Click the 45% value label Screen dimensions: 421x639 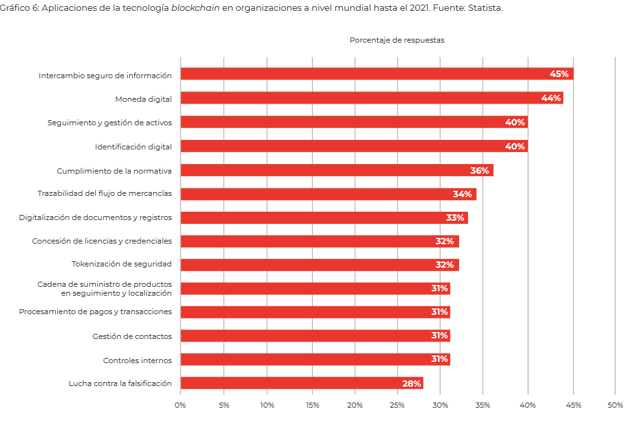[x=559, y=74]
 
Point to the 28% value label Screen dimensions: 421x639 [x=411, y=383]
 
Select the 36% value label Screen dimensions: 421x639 [x=479, y=170]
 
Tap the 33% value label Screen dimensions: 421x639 [x=455, y=217]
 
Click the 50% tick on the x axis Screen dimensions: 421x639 [x=615, y=405]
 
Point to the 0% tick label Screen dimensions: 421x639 [x=181, y=405]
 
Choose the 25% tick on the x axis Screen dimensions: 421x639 [x=397, y=405]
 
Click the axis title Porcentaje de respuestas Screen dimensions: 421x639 [x=397, y=40]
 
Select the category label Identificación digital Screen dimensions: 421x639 [x=134, y=147]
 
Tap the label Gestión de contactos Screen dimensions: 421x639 [x=132, y=336]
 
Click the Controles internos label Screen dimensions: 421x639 [x=137, y=361]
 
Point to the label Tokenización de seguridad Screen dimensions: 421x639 [x=121, y=264]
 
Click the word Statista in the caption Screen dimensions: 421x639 [x=484, y=8]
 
